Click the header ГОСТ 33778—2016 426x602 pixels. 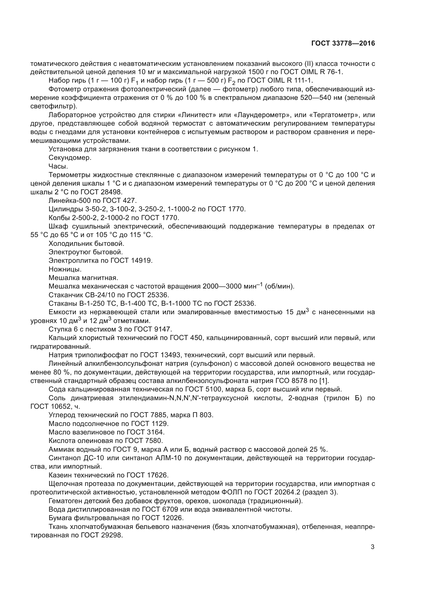coord(343,43)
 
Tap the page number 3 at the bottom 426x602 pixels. coord(372,547)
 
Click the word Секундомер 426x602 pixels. coord(70,158)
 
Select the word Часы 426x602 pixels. coord(58,166)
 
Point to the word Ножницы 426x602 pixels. coord(65,269)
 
